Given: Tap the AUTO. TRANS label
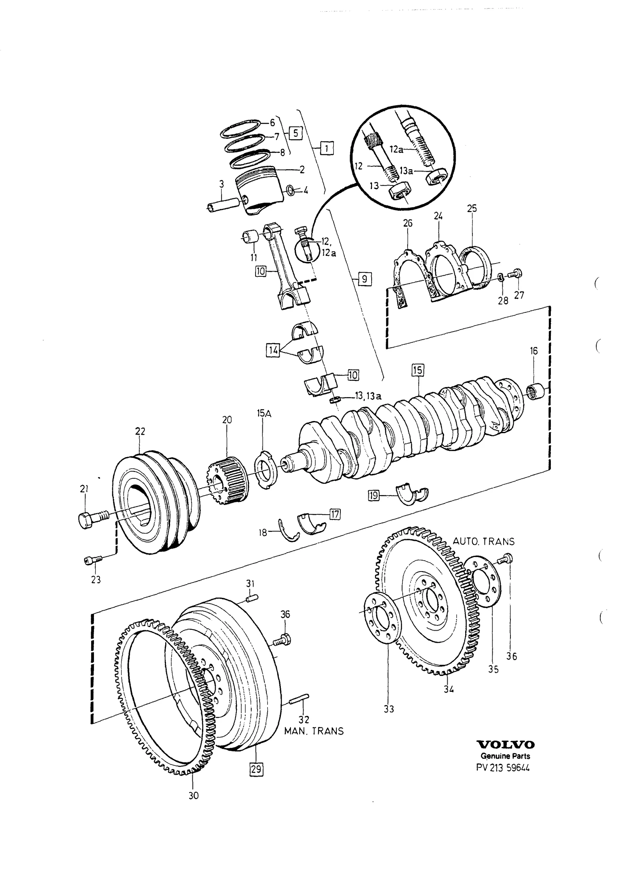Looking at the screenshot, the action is (483, 541).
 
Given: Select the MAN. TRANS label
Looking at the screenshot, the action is (314, 731).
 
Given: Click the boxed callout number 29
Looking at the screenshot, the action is (256, 769).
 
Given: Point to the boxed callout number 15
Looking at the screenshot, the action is (418, 370).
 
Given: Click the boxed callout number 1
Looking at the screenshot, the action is (327, 149).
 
